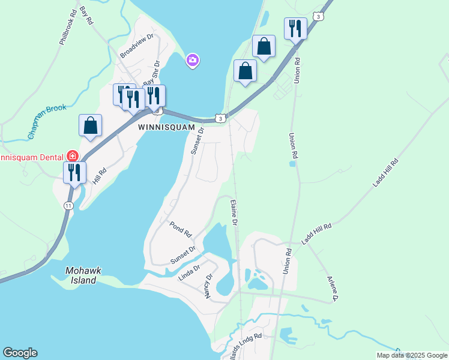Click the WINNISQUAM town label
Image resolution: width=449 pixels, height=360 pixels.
(x=166, y=127)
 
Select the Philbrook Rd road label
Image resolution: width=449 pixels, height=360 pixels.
(x=68, y=26)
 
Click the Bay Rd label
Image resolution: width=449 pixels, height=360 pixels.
(x=86, y=16)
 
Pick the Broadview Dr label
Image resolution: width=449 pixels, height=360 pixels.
(x=137, y=45)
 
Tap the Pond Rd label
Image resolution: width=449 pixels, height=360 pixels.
(x=179, y=228)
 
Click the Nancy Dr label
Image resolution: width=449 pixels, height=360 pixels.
(x=209, y=286)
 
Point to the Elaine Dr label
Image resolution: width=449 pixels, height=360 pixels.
(x=234, y=213)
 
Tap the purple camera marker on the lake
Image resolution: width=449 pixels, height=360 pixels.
(x=193, y=60)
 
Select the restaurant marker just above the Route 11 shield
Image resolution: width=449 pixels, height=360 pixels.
(x=75, y=172)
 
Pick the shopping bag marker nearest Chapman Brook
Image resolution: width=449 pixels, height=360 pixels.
(x=90, y=125)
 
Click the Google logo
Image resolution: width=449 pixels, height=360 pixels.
(x=20, y=353)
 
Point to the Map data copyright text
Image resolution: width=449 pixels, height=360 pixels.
(x=412, y=355)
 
